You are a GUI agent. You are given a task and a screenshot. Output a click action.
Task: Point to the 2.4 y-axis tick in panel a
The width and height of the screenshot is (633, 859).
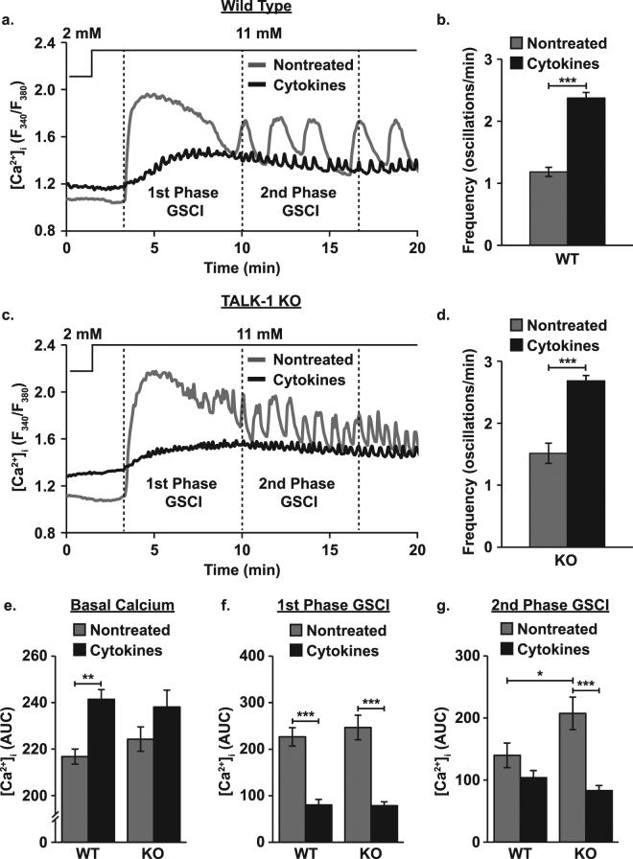click(42, 42)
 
